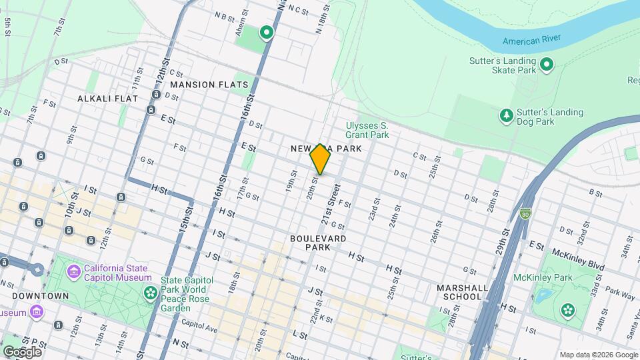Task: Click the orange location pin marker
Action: click(320, 159)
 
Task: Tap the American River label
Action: click(531, 41)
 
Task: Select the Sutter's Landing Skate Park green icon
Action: click(547, 65)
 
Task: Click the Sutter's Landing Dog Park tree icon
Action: click(507, 117)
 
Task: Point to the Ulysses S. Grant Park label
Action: click(367, 129)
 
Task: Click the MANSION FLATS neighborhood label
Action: click(209, 85)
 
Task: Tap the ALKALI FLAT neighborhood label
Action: click(107, 99)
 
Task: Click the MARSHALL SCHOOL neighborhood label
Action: click(459, 291)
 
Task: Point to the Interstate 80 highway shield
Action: click(525, 214)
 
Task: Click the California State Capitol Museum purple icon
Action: click(74, 272)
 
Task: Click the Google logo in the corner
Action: click(22, 351)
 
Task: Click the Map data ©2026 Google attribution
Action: click(599, 355)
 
